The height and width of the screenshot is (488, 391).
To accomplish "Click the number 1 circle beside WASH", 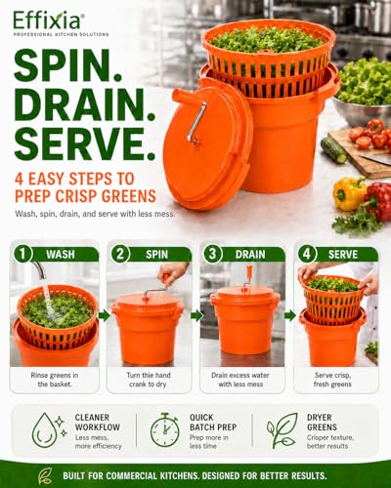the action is [x=22, y=254].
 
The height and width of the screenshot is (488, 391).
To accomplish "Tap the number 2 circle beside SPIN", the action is [x=120, y=254].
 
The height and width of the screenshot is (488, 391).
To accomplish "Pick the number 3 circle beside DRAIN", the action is [x=213, y=254].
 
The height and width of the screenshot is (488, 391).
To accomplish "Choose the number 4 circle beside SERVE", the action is [x=307, y=254].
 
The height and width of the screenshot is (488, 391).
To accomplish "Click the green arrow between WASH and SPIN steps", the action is [x=104, y=315].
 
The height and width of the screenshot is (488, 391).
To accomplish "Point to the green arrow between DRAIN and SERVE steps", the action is [x=289, y=315].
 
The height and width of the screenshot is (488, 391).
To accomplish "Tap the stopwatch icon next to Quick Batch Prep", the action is [x=165, y=429].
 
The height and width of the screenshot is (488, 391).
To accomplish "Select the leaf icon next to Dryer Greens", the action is [x=282, y=430].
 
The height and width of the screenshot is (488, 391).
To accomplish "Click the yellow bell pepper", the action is [x=349, y=193].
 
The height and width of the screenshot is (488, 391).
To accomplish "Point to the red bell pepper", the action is [x=379, y=201].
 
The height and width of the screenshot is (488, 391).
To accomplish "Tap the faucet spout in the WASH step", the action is [x=39, y=270].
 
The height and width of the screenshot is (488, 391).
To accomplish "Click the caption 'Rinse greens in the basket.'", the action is [x=55, y=380].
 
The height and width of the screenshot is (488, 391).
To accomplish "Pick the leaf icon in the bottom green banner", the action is [x=45, y=475].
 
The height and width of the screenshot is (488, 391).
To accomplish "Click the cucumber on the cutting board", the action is [x=333, y=150].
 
